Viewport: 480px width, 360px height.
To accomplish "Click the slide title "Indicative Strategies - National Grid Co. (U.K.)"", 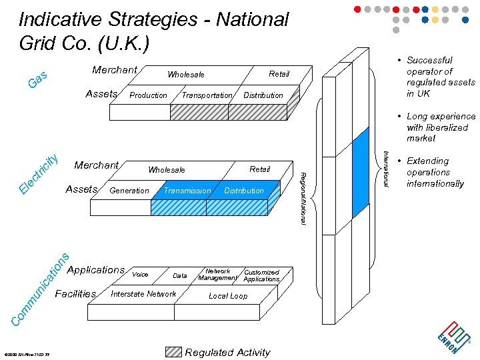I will [x=153, y=31].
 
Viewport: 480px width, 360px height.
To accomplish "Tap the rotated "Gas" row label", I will [x=37, y=81].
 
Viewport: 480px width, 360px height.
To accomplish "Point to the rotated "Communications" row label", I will [x=41, y=289].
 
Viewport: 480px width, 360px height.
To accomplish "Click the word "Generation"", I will [x=129, y=191].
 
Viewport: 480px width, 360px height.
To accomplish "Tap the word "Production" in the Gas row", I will [x=148, y=95].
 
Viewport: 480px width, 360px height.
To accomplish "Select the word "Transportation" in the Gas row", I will [x=207, y=95].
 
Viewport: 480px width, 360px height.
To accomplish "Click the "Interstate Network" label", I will [x=143, y=294].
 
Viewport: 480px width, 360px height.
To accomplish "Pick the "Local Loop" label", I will [x=228, y=296].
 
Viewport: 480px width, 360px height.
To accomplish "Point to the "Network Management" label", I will [x=218, y=275].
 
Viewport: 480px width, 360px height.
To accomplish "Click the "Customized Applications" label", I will [x=261, y=275].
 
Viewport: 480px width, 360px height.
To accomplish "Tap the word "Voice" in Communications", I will [x=140, y=274].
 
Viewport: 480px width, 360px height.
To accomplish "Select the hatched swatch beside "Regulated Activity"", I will [x=173, y=352].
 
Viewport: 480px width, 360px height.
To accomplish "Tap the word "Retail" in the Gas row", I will [x=279, y=74].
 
